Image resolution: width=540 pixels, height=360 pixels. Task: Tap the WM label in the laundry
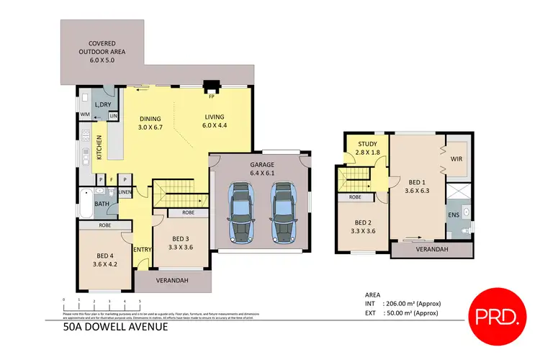(84, 114)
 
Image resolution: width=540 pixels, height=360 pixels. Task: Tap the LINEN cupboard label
(125, 192)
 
